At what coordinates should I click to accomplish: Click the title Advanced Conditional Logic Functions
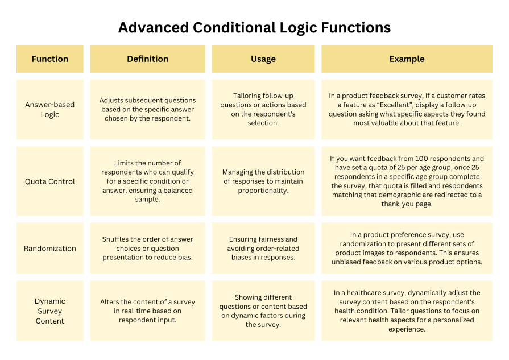pos(254,27)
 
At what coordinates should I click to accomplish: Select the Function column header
pos(50,59)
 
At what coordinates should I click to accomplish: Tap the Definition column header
pos(147,59)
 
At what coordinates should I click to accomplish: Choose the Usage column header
pos(263,59)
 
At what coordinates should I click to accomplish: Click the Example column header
pos(407,59)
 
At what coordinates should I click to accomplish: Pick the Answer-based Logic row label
pos(50,110)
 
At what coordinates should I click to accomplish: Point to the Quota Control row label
pos(50,181)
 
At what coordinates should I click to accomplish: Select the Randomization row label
pos(50,249)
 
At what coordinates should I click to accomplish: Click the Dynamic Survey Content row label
pos(50,311)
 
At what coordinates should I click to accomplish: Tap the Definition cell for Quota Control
pos(147,181)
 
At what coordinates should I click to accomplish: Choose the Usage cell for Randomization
pos(263,249)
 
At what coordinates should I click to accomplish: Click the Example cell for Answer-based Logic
pos(407,110)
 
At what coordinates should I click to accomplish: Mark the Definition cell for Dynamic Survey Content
pos(147,311)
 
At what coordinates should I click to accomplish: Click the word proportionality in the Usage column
pos(263,191)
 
